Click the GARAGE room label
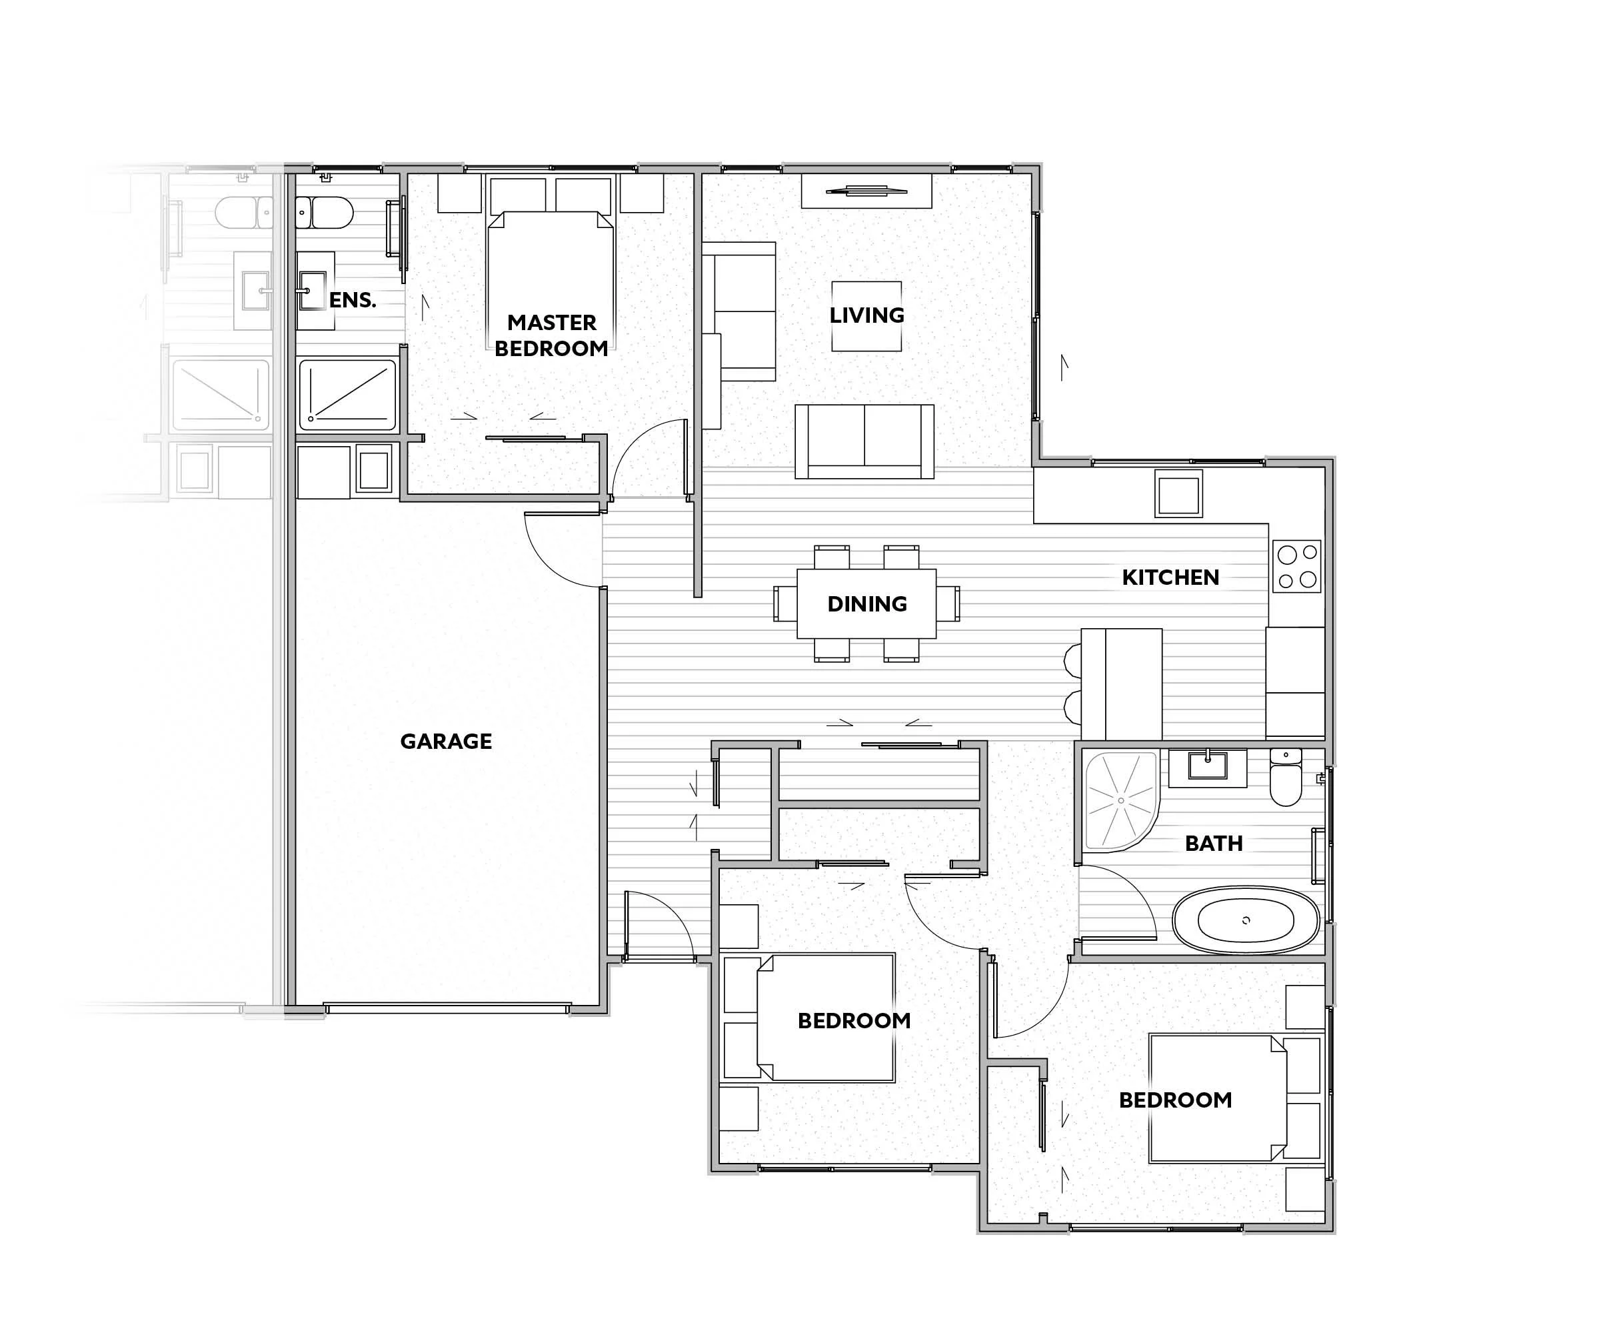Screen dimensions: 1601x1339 (446, 741)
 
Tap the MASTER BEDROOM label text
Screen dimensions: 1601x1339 (551, 335)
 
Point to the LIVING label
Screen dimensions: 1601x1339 (867, 315)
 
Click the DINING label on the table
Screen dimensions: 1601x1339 (867, 604)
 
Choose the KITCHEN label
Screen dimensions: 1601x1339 (1170, 577)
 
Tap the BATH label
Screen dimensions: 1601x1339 (1214, 844)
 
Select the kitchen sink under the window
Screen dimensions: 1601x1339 (1178, 493)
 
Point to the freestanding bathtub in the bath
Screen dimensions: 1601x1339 (1246, 920)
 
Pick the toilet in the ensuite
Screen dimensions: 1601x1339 (325, 213)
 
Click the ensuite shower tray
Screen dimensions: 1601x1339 (348, 395)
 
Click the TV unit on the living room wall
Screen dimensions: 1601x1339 (866, 191)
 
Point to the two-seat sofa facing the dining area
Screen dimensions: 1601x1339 (864, 441)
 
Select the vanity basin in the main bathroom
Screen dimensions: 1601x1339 (1208, 766)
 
